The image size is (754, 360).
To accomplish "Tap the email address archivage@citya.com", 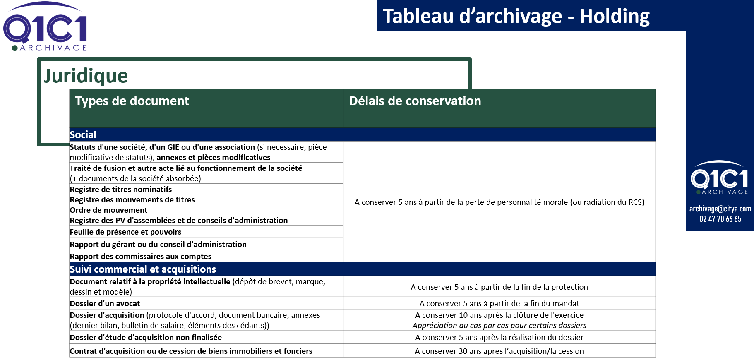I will click(720, 209).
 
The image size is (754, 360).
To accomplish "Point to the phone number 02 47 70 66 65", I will click(720, 219).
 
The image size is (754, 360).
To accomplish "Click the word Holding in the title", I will click(614, 17).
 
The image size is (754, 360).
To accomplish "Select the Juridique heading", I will click(86, 76).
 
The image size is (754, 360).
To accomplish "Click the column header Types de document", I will click(132, 101).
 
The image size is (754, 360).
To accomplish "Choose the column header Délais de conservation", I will click(415, 101).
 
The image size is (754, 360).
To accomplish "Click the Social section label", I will click(83, 135).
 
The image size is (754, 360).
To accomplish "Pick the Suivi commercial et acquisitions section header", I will click(143, 269).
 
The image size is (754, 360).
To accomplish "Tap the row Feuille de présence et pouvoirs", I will click(125, 232).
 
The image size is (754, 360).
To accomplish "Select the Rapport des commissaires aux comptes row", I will click(141, 257).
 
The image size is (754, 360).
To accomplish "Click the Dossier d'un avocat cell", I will click(105, 304).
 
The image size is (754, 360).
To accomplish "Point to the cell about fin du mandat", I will click(499, 304).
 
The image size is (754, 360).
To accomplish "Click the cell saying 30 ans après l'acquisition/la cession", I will click(499, 351).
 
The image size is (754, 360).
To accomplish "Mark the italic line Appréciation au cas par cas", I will click(499, 326).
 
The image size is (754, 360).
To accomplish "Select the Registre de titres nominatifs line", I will click(121, 190).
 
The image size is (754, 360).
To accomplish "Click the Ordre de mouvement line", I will click(108, 210).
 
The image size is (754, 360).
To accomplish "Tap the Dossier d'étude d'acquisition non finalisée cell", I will click(146, 338).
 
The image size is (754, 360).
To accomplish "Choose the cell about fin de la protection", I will click(499, 287).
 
